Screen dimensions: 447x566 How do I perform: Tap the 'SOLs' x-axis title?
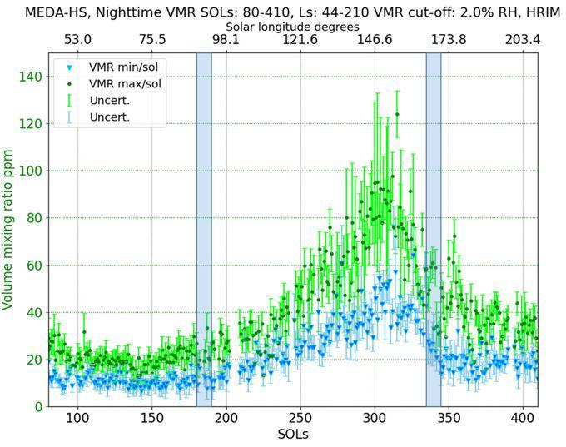click(x=292, y=435)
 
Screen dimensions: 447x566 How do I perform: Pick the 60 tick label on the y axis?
click(x=32, y=266)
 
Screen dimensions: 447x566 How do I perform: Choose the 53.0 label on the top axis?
click(x=77, y=40)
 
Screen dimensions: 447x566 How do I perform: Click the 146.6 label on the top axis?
click(x=375, y=40)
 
